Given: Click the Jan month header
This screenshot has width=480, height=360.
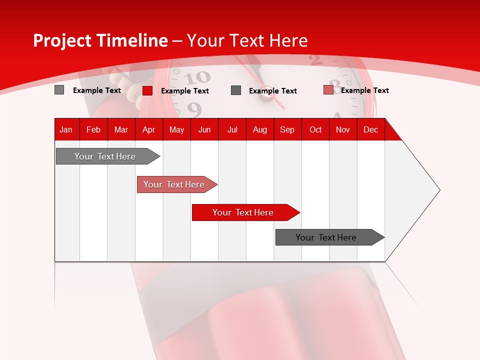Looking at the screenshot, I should (x=66, y=129).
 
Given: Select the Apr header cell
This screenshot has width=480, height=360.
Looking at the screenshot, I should (x=148, y=129).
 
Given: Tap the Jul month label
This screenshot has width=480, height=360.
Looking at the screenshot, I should (x=232, y=129).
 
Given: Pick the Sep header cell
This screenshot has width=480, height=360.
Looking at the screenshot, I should (x=287, y=129).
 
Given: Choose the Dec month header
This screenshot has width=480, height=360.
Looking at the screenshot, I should (x=370, y=129).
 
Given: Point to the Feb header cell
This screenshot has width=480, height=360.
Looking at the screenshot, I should (x=93, y=129).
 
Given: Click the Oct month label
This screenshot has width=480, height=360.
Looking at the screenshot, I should (x=315, y=129).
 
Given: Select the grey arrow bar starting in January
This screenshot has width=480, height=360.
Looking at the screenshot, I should (x=105, y=156).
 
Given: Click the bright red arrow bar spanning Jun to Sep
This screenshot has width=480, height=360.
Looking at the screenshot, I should (x=243, y=212).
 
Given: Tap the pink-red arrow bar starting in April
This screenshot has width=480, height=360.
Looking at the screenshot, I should (x=174, y=184).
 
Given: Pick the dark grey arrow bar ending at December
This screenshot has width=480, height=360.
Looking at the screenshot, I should (x=326, y=237).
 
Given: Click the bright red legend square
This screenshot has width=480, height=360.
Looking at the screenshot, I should (x=147, y=90).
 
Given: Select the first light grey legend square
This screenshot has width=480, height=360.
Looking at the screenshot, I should (x=59, y=90).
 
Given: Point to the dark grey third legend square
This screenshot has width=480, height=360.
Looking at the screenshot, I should (x=236, y=90).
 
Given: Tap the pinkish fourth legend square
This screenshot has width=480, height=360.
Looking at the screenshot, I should (x=328, y=90).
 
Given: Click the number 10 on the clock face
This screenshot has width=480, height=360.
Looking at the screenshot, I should (x=198, y=77).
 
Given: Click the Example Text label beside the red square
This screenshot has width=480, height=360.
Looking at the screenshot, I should (x=184, y=91).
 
